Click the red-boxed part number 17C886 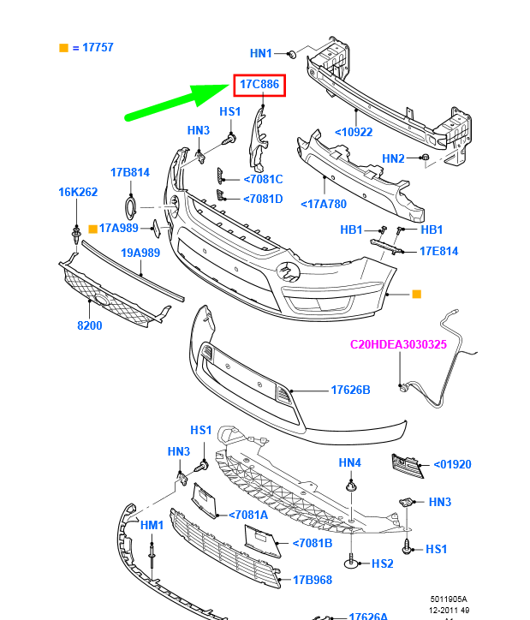pos(259,85)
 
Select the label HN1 pos(260,53)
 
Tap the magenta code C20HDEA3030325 pos(399,345)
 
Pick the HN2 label pos(393,158)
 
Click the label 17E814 pos(438,251)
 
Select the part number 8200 pos(90,325)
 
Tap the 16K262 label pos(78,192)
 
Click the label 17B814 pos(129,172)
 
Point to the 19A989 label pos(140,253)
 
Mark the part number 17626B pos(350,390)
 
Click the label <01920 pos(452,464)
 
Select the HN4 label pos(350,462)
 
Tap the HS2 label pos(382,563)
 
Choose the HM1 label pos(152,524)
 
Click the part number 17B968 pos(313,579)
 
